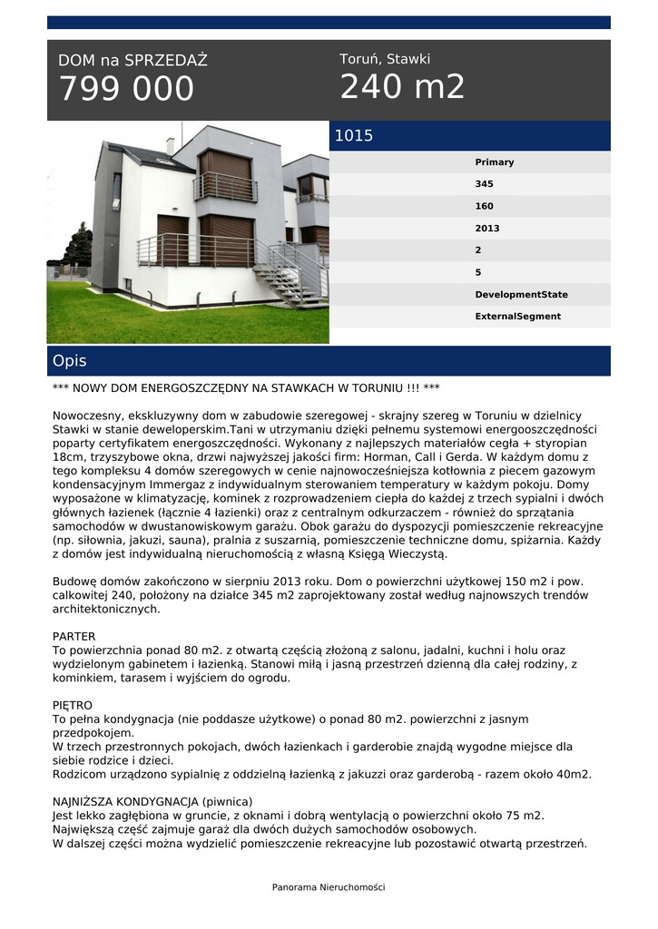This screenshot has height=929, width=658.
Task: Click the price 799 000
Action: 126,90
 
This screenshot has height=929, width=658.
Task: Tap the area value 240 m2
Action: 402,87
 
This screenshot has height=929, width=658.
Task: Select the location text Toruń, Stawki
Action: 385,59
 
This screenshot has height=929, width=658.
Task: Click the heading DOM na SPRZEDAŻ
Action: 133,61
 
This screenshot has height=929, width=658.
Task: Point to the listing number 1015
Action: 354,136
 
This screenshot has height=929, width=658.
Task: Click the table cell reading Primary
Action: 495,162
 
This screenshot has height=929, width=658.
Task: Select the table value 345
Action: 485,184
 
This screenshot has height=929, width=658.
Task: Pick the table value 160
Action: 485,206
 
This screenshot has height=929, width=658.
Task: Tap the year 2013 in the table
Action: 487,229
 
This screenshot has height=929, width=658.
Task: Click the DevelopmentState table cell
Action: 522,295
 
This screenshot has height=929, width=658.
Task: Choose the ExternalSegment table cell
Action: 518,317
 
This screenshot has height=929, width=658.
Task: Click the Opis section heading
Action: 70,361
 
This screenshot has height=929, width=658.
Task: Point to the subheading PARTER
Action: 74,637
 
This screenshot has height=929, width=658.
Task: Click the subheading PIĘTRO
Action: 73,705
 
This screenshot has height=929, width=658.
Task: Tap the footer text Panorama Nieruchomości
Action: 329,887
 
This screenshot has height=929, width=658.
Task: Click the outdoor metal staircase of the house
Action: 290,272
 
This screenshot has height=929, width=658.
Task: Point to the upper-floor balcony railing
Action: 225,187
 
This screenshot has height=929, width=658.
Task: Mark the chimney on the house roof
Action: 170,145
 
